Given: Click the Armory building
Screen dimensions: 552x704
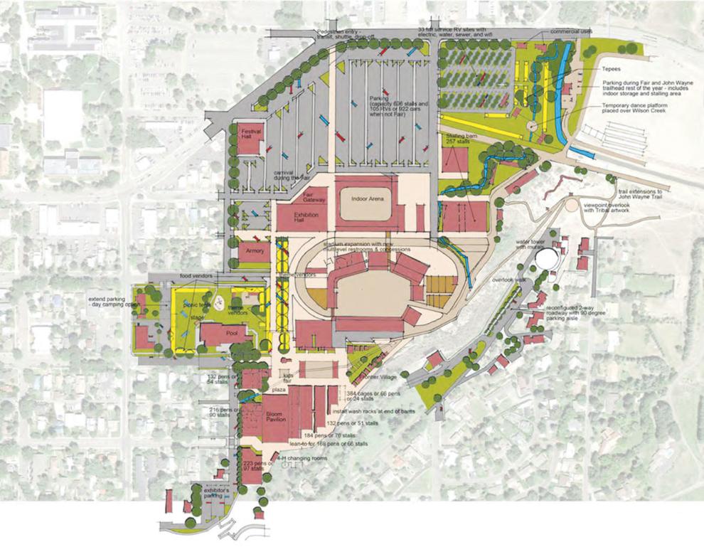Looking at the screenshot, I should (255, 251).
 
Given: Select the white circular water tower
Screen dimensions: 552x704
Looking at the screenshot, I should (548, 258).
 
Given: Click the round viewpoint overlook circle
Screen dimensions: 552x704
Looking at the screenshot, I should (572, 206).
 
